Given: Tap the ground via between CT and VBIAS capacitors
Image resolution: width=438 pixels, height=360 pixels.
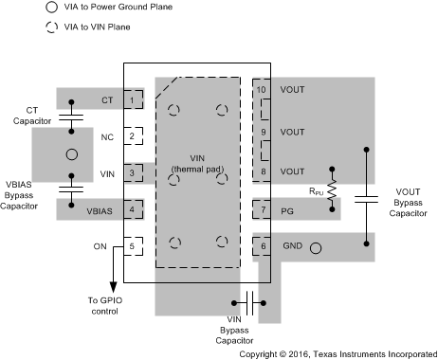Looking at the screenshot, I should pos(67,153).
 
